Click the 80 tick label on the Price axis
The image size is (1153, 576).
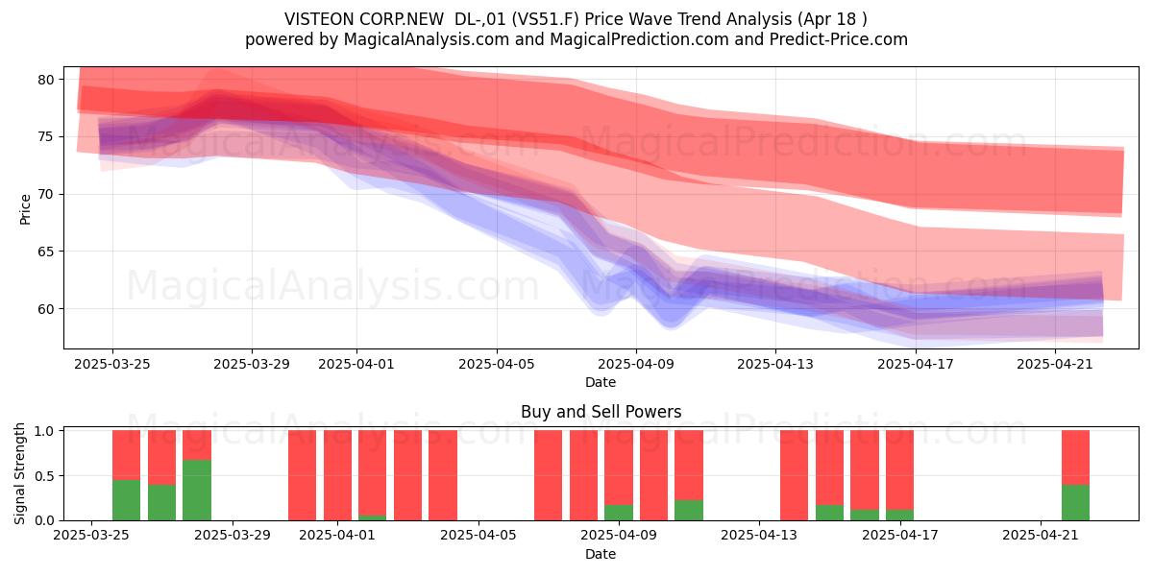coord(46,80)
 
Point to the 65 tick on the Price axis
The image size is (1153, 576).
coord(46,252)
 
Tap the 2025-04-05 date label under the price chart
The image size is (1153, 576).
coord(497,364)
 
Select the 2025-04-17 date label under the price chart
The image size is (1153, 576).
coord(916,364)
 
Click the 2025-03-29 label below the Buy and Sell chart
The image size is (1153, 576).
coord(233,535)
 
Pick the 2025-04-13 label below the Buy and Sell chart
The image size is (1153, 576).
coord(759,535)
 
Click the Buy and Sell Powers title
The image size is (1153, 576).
coord(601,412)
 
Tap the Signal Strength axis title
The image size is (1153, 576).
coord(19,473)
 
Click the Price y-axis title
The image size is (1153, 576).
coord(25,209)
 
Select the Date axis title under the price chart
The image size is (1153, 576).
coord(601,382)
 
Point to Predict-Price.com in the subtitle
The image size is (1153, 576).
coord(839,39)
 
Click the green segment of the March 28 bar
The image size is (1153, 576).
coord(197,491)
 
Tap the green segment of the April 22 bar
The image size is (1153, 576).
coord(1076,502)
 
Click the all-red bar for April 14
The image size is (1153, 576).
coord(795,475)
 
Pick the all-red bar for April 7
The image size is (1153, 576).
coord(549,475)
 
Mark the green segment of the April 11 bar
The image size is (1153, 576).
coord(689,510)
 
